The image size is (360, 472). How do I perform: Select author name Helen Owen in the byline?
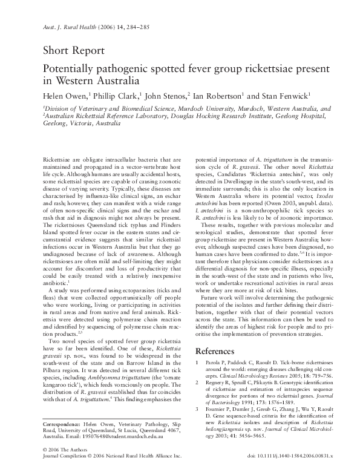(67, 95)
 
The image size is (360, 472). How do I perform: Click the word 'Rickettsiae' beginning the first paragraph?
(56, 159)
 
